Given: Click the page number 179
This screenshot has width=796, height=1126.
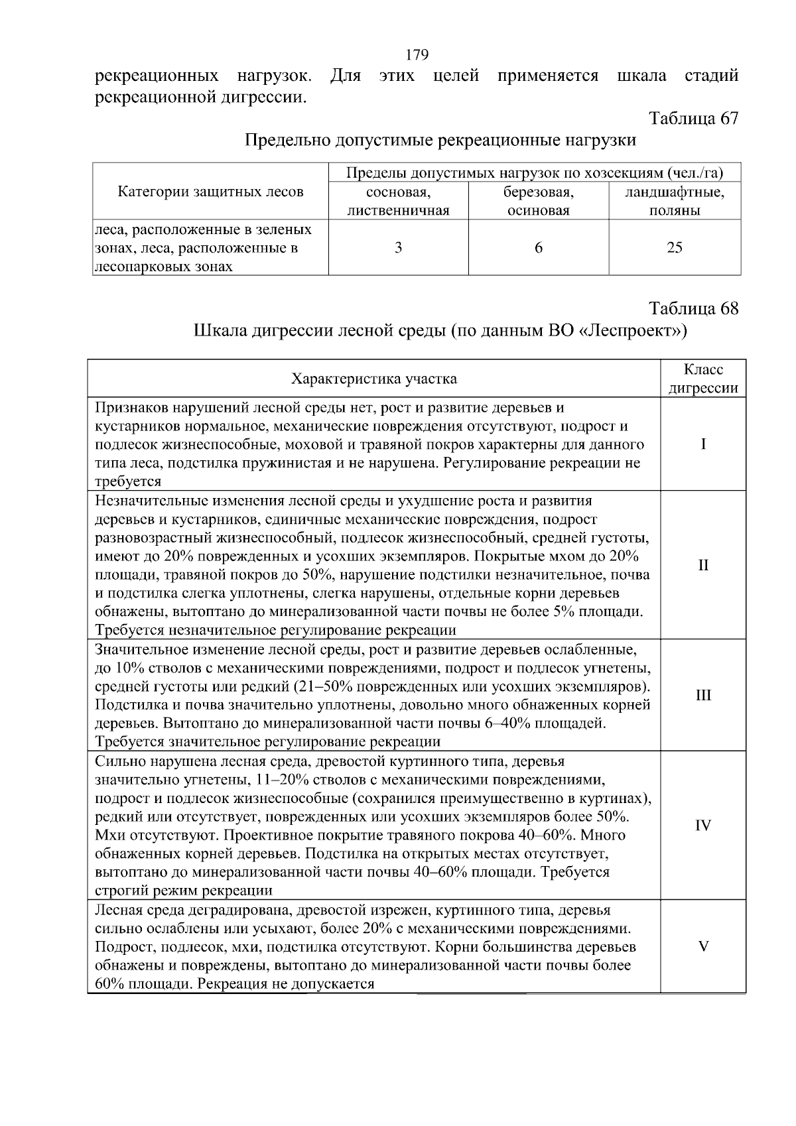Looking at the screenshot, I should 417,54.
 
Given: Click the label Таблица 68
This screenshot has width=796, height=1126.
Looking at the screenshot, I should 693,308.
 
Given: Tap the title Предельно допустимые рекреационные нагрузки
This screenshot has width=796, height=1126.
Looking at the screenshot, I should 440,140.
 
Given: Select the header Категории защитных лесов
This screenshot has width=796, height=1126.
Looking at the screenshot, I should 210,192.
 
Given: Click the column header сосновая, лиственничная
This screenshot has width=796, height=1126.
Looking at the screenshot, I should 398,202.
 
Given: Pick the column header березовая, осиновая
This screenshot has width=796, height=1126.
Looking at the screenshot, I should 538,202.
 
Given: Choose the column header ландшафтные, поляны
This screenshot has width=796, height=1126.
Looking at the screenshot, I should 675,202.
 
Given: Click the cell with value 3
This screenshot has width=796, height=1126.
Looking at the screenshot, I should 398,248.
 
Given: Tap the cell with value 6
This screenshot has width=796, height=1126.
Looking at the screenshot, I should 538,248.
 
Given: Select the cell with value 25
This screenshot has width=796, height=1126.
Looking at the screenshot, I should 675,248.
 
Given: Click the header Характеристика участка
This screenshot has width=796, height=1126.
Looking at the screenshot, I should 374,379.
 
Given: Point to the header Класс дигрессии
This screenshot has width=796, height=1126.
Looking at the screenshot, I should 703,379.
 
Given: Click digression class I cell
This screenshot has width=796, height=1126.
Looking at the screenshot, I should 703,444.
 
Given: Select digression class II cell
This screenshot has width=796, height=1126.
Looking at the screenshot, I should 703,565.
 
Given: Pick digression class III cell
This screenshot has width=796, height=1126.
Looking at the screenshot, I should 703,695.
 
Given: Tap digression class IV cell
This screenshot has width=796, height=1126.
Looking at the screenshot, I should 703,826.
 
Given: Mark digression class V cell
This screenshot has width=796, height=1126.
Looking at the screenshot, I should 703,946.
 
